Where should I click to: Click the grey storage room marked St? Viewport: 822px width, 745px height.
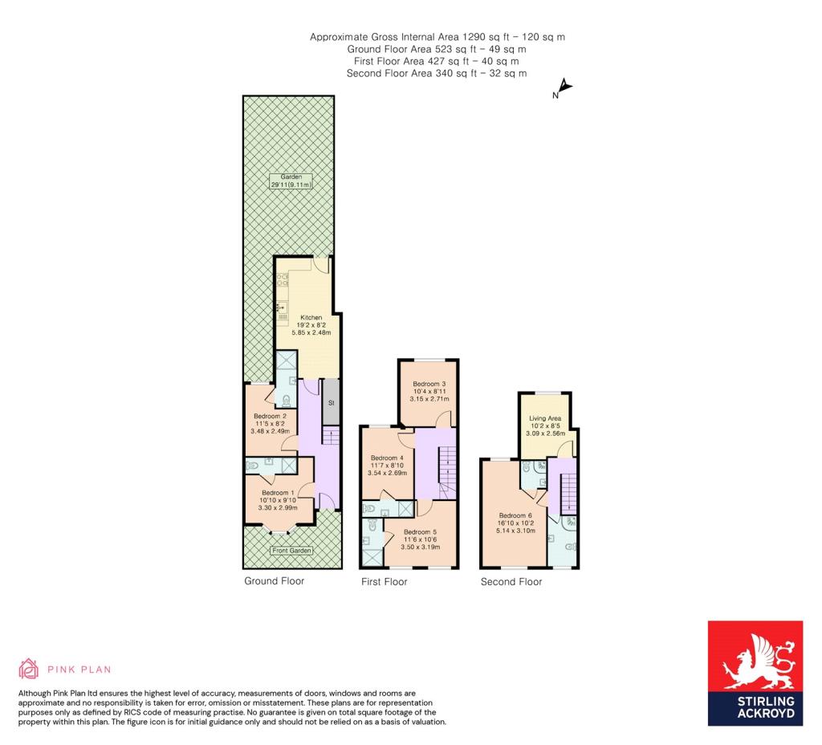click(331, 402)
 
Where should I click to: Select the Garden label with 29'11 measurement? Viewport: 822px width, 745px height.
click(291, 181)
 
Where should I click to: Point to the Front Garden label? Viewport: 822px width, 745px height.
click(292, 551)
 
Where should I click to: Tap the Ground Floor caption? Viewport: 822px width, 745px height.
click(275, 581)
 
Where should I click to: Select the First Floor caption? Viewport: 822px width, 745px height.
click(385, 581)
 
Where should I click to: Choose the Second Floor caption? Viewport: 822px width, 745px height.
click(511, 581)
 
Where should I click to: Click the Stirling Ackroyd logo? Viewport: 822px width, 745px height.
click(755, 674)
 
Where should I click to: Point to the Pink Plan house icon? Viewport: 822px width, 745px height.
click(28, 669)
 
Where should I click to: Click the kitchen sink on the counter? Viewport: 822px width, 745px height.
click(283, 307)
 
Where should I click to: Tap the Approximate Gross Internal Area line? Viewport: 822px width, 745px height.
click(437, 37)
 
